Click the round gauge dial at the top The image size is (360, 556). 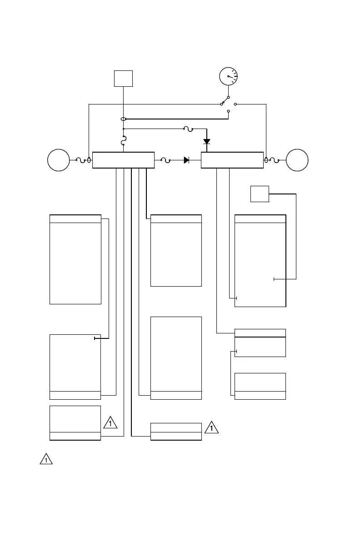coord(228,76)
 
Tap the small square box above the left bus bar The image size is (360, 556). coord(123,78)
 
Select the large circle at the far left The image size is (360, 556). coord(59,160)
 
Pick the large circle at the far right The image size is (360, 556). coord(297,160)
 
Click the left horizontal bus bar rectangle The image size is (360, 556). coord(123,160)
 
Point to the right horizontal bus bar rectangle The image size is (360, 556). coord(232,160)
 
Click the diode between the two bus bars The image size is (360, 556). coord(186,160)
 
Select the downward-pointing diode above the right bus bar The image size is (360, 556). coord(207,142)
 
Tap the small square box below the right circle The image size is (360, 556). coord(260,194)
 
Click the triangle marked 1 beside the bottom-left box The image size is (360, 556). coord(110,423)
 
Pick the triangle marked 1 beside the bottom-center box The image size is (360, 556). coord(211,427)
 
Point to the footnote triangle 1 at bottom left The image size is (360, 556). coord(46,459)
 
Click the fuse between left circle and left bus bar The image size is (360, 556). coord(80,160)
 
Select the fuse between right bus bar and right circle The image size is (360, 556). coord(275,160)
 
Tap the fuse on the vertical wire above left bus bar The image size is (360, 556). coord(123,142)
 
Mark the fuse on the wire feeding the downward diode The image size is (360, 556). coord(188,129)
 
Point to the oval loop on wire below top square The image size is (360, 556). coord(123,119)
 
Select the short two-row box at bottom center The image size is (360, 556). coord(176,432)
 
